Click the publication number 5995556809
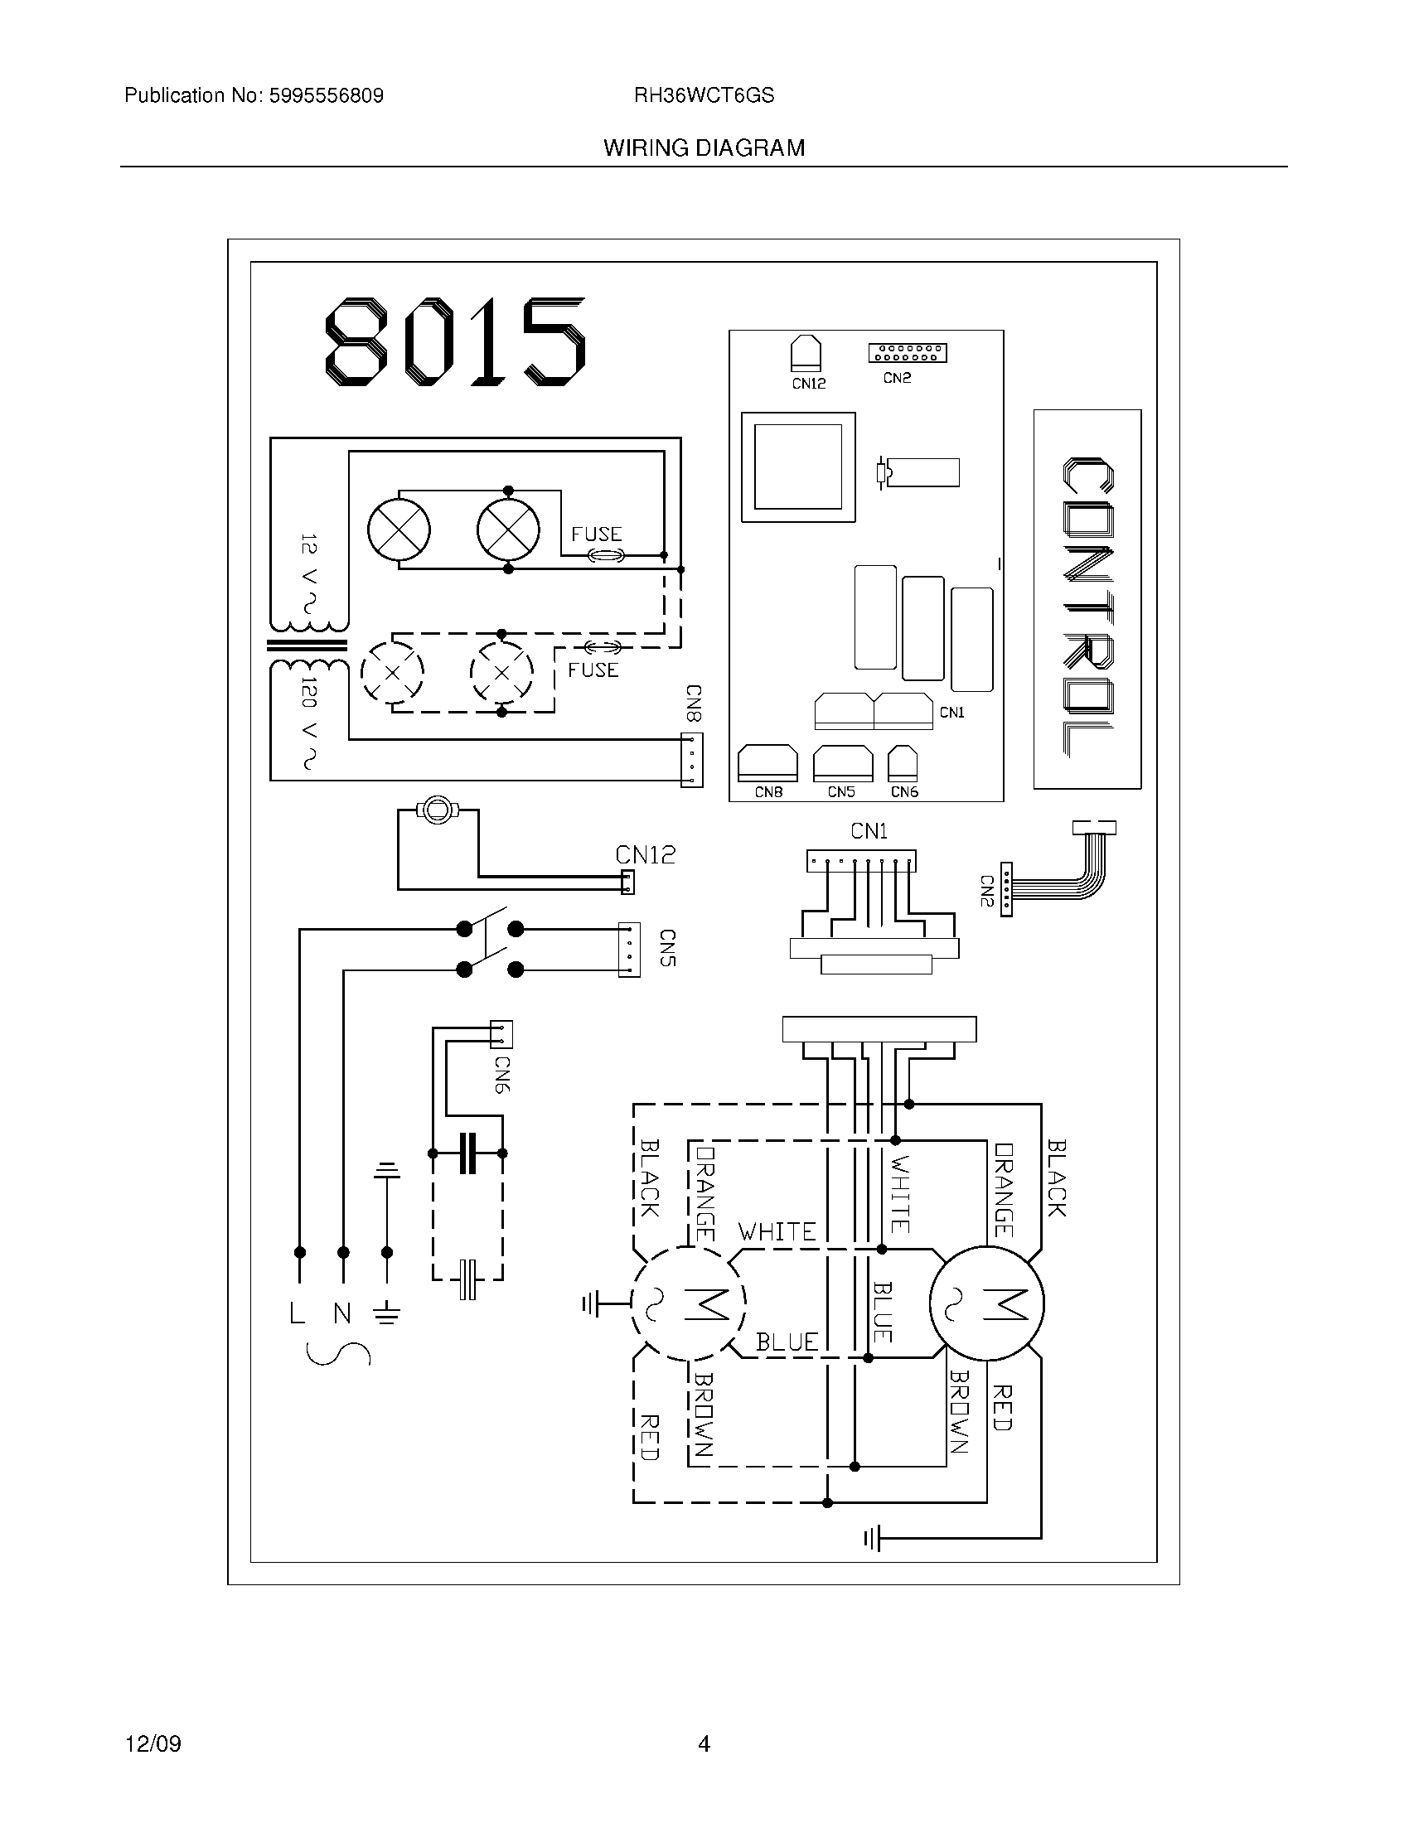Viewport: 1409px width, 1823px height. tap(326, 96)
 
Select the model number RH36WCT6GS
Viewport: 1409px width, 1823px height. tap(704, 96)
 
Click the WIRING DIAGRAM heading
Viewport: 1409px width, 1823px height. tap(704, 148)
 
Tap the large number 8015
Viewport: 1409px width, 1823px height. tap(455, 342)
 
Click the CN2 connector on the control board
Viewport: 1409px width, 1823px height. tap(907, 353)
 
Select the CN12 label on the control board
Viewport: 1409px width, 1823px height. tap(808, 384)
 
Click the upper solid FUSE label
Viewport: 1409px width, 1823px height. tap(596, 534)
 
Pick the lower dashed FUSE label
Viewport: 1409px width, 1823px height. tap(593, 670)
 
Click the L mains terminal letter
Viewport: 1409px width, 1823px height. tap(298, 1315)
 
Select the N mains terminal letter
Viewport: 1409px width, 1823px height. tap(342, 1315)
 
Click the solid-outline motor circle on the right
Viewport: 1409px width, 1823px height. tap(986, 1303)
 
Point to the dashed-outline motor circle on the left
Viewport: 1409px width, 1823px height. tap(688, 1303)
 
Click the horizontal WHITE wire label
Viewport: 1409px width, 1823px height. tap(777, 1232)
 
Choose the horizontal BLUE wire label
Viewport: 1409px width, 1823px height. tap(787, 1342)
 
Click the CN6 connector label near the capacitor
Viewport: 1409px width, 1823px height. tap(501, 1075)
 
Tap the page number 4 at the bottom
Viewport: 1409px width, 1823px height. tap(704, 1743)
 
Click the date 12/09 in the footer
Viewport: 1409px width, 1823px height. tap(153, 1743)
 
